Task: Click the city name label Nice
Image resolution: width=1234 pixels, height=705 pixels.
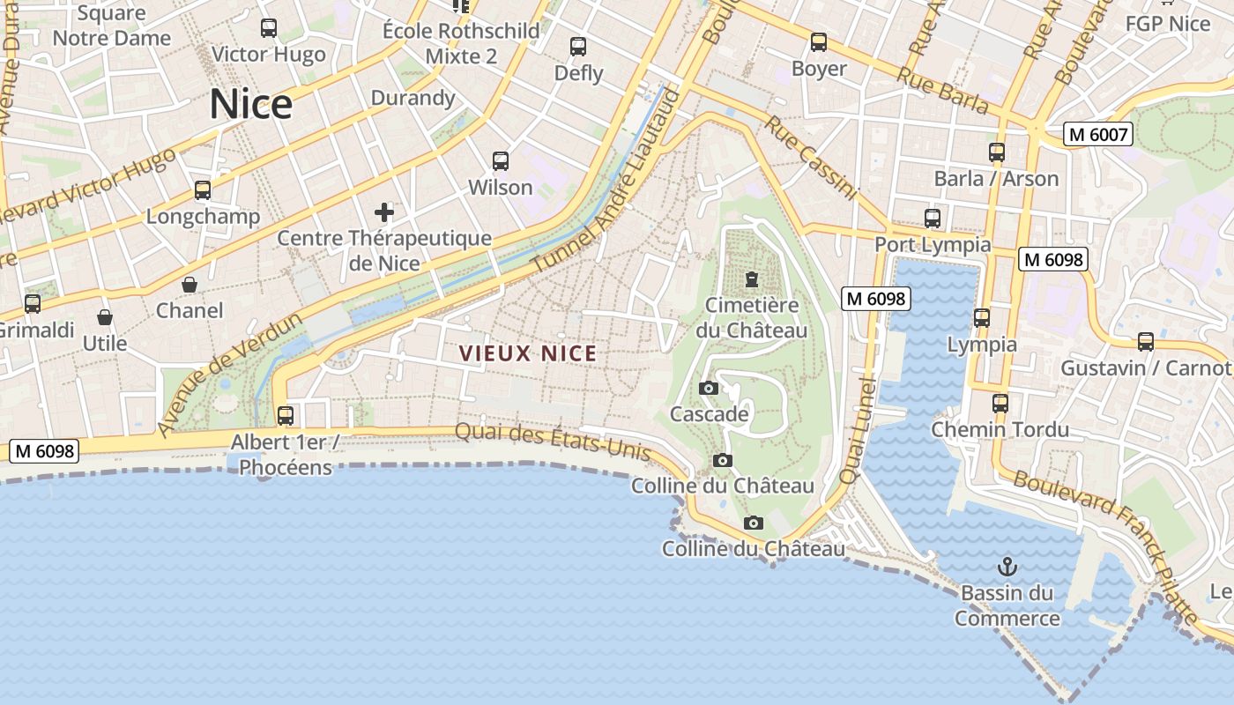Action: tap(251, 105)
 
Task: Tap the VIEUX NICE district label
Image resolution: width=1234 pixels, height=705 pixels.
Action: tap(528, 354)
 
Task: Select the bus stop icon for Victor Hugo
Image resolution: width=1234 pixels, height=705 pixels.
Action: tap(269, 28)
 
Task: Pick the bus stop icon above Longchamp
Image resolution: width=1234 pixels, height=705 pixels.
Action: tap(203, 190)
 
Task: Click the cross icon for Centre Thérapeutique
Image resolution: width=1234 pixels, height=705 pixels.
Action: tap(384, 211)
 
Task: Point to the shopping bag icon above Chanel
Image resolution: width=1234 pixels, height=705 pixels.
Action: tap(189, 285)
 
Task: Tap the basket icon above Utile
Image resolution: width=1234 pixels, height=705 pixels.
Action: tap(105, 317)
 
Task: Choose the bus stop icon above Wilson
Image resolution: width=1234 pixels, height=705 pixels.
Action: tap(501, 161)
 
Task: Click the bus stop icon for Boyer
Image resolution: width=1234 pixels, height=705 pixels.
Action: tap(819, 42)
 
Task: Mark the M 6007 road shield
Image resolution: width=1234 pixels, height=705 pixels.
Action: tap(1097, 134)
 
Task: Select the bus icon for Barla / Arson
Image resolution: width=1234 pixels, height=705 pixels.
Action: tap(997, 152)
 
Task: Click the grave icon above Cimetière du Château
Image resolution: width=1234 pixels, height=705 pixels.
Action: tap(752, 279)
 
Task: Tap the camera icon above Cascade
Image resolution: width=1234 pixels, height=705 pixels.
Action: tap(708, 388)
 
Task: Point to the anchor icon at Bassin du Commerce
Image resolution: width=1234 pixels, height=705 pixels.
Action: tap(1007, 566)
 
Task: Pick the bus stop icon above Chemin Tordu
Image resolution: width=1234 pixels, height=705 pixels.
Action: tap(1000, 404)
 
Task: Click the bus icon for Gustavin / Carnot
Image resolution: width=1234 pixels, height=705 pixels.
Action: tap(1146, 342)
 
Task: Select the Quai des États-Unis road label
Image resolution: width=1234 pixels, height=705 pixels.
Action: tap(553, 442)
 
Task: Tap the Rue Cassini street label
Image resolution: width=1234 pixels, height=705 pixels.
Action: tap(810, 158)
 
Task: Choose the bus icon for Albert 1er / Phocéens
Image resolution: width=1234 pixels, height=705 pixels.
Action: tap(286, 415)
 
